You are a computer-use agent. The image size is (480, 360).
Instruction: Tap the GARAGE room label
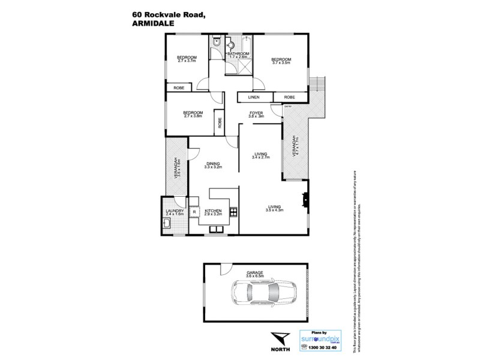(x=254, y=272)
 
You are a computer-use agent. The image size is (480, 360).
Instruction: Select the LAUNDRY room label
(x=175, y=211)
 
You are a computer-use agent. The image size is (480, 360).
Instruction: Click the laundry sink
(x=168, y=224)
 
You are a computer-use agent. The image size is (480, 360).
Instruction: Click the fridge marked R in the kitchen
(x=194, y=212)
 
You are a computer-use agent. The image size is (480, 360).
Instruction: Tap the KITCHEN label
(x=214, y=211)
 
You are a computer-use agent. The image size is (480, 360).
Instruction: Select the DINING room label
(x=213, y=163)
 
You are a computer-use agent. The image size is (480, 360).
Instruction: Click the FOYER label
(x=257, y=112)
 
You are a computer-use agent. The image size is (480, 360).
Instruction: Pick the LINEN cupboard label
(x=255, y=97)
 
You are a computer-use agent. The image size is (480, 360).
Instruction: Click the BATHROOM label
(x=238, y=54)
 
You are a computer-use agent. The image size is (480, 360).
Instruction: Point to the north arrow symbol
(x=278, y=337)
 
